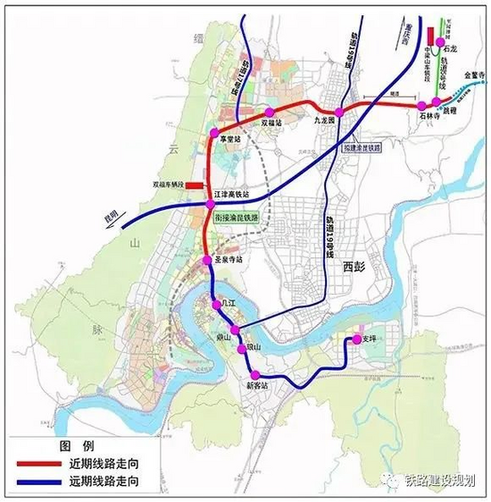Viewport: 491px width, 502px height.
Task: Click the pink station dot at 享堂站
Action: (214, 133)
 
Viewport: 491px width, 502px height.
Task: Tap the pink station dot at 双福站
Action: (266, 112)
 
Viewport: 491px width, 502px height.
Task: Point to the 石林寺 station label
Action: (431, 115)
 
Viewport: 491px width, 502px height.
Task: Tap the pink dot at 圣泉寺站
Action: (208, 260)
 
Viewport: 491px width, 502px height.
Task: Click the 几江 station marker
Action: (216, 305)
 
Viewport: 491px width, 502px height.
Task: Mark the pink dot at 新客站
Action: (256, 374)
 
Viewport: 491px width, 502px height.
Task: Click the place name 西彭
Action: (354, 265)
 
